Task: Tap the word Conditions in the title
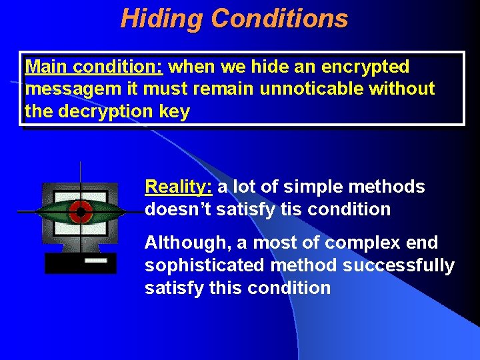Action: click(279, 19)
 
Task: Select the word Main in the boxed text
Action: click(47, 67)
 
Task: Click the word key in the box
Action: click(175, 111)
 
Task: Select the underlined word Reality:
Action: click(179, 187)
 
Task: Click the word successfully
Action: click(399, 265)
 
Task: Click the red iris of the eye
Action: click(81, 212)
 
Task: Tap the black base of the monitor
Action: click(67, 263)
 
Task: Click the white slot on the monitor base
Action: click(96, 261)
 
